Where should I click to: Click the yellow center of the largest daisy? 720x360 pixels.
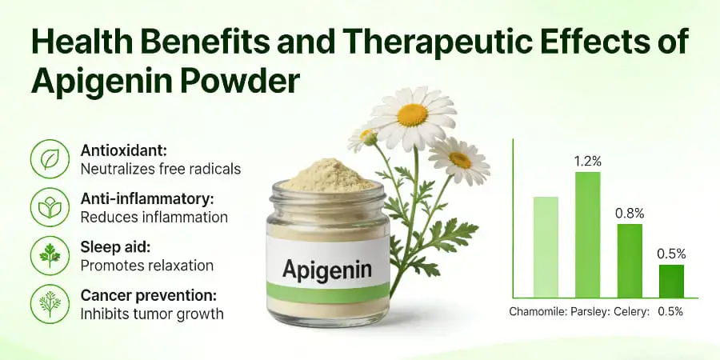point(412,114)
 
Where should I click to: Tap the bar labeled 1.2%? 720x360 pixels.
point(587,234)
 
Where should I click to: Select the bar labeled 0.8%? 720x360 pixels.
point(630,260)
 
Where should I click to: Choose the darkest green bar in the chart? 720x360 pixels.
point(671,281)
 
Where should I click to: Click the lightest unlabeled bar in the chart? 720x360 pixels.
point(546,246)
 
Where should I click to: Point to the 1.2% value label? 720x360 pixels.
point(587,161)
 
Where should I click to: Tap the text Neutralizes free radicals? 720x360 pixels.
point(160,169)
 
